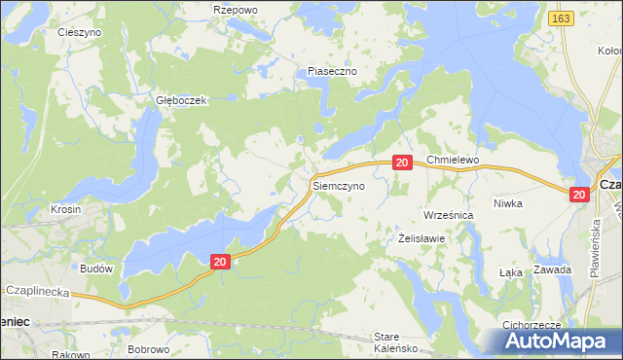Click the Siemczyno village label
(x=339, y=184)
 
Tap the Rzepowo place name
(x=235, y=9)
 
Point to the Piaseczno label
(x=333, y=72)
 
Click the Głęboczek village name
(x=176, y=100)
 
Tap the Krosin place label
(x=66, y=210)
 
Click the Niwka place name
(x=535, y=203)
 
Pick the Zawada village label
(x=552, y=270)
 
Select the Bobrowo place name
(x=149, y=348)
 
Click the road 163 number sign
(x=559, y=18)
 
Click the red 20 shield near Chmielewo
(x=402, y=162)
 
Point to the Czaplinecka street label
(x=40, y=289)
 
